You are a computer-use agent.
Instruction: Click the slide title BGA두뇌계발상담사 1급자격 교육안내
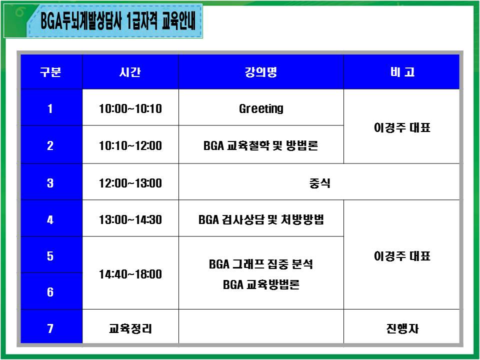pyautogui.click(x=118, y=21)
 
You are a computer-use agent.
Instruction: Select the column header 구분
pyautogui.click(x=50, y=72)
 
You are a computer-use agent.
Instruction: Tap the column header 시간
pyautogui.click(x=130, y=72)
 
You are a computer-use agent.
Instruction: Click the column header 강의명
pyautogui.click(x=261, y=72)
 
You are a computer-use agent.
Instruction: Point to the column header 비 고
pyautogui.click(x=402, y=72)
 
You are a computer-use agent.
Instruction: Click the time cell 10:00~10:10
pyautogui.click(x=130, y=108)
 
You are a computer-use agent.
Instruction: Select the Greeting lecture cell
pyautogui.click(x=261, y=109)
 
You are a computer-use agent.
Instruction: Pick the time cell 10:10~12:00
pyautogui.click(x=130, y=145)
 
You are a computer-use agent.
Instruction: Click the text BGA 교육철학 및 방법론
pyautogui.click(x=261, y=145)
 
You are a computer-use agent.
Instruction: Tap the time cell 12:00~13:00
pyautogui.click(x=130, y=183)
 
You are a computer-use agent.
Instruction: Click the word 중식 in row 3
pyautogui.click(x=319, y=183)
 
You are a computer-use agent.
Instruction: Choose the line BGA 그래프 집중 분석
pyautogui.click(x=261, y=264)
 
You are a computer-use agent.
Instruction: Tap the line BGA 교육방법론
pyautogui.click(x=261, y=284)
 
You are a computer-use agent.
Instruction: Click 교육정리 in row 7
pyautogui.click(x=130, y=329)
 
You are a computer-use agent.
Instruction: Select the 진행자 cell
pyautogui.click(x=402, y=329)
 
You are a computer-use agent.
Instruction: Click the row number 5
pyautogui.click(x=50, y=256)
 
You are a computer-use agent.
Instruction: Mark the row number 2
pyautogui.click(x=50, y=145)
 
